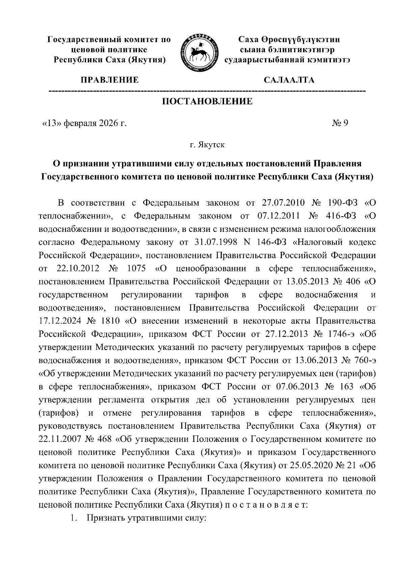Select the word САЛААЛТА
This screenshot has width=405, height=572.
click(289, 80)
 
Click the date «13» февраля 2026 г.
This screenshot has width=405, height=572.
click(84, 123)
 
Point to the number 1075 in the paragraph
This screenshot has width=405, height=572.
click(137, 269)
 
